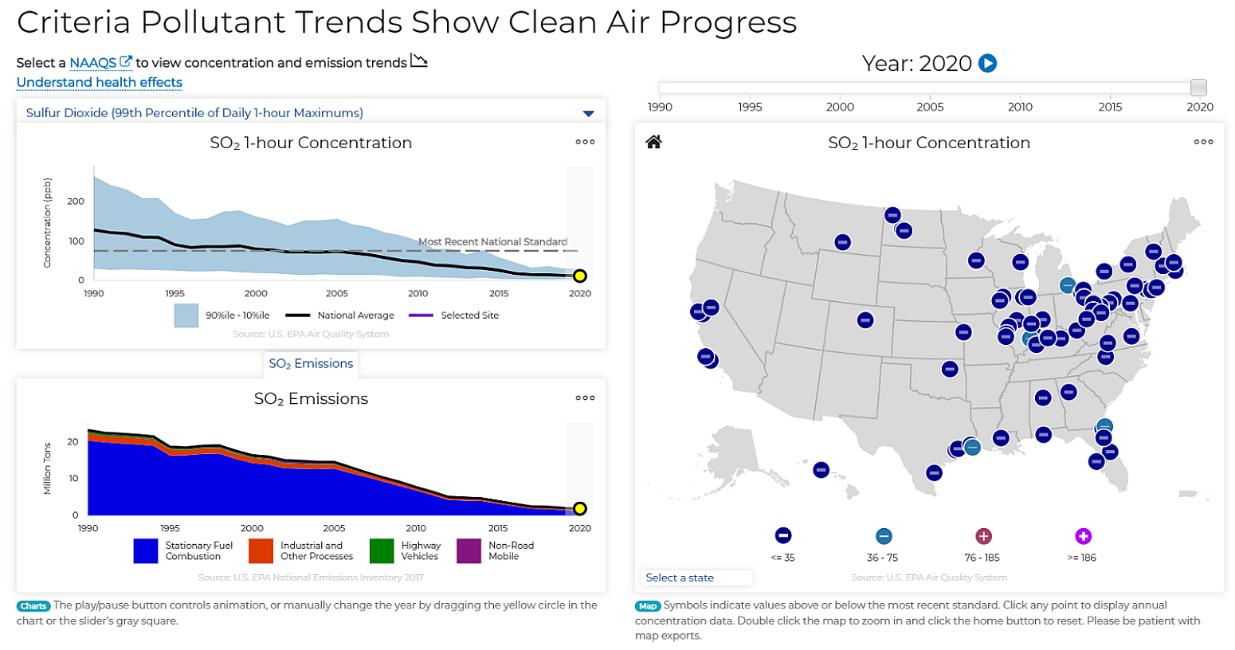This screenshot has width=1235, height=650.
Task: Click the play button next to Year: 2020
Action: pos(987,63)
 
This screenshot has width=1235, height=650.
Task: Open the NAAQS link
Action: pos(92,63)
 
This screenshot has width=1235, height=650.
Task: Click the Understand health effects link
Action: pos(100,83)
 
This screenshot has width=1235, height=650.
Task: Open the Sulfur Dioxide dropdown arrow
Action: pos(588,113)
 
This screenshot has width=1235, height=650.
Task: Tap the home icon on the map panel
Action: pos(653,142)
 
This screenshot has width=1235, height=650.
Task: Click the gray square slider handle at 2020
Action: pos(1198,87)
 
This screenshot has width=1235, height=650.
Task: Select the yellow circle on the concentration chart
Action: pos(580,276)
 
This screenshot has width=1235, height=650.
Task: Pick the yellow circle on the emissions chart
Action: pos(580,508)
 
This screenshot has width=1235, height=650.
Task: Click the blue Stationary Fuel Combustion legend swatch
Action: pos(146,551)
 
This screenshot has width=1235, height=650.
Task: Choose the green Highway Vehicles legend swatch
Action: pos(382,551)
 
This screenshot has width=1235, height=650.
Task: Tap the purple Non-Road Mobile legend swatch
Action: pos(469,551)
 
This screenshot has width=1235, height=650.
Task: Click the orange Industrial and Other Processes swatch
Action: pos(261,551)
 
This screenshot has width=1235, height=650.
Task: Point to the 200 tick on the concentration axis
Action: pos(76,202)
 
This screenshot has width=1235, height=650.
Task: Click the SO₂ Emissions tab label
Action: pos(311,364)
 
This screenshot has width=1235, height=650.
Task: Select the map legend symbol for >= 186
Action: pos(1082,536)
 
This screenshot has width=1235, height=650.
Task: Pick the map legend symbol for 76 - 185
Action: pos(983,536)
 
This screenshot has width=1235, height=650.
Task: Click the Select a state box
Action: pos(696,578)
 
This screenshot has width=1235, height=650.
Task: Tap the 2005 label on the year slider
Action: pos(930,107)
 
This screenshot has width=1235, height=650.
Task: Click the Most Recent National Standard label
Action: pos(492,242)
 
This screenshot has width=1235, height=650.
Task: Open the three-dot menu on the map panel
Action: pos(1203,142)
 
